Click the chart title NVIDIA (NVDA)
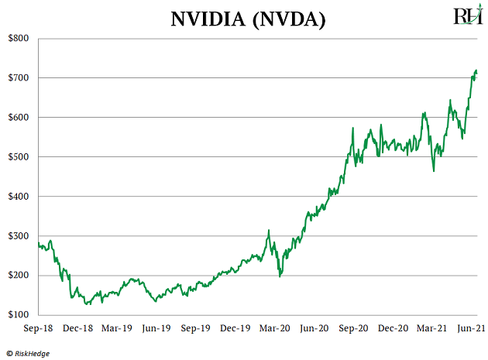[x=249, y=19]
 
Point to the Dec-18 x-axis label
[x=78, y=329]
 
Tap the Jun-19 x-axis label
[x=157, y=329]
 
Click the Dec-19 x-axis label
[x=236, y=329]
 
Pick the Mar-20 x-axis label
[x=276, y=329]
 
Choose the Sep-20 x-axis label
[x=355, y=329]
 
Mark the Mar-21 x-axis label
[x=434, y=329]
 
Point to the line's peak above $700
[x=476, y=70]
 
